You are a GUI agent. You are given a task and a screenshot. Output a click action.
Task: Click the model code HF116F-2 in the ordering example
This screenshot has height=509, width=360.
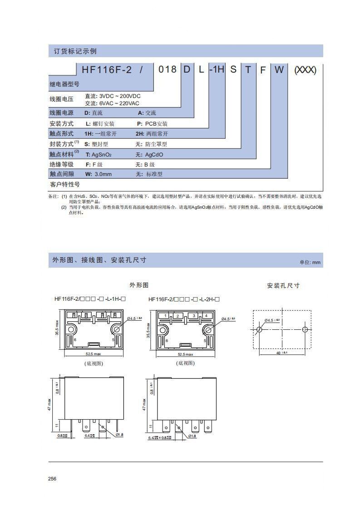pos(107,69)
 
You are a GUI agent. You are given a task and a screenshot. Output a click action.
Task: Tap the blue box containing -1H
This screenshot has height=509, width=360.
pos(217,69)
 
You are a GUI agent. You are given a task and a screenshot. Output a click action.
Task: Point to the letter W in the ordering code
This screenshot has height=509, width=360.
pos(279,69)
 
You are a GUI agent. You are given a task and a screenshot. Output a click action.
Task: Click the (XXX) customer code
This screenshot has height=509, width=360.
pos(305,70)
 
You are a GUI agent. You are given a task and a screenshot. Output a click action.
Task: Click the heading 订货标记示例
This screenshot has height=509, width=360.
pos(73,51)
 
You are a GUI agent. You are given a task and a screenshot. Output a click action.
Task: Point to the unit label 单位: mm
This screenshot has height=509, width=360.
pos(310,262)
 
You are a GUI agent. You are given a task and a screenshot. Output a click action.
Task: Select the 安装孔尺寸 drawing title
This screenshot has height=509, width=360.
pos(283,286)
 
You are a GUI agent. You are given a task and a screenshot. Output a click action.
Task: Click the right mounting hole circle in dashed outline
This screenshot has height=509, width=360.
pos(305,329)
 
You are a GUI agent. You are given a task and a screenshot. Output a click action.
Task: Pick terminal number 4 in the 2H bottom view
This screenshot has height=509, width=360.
pos(206,315)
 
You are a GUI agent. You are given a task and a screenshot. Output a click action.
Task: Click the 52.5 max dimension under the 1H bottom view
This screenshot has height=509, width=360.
pos(94,354)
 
